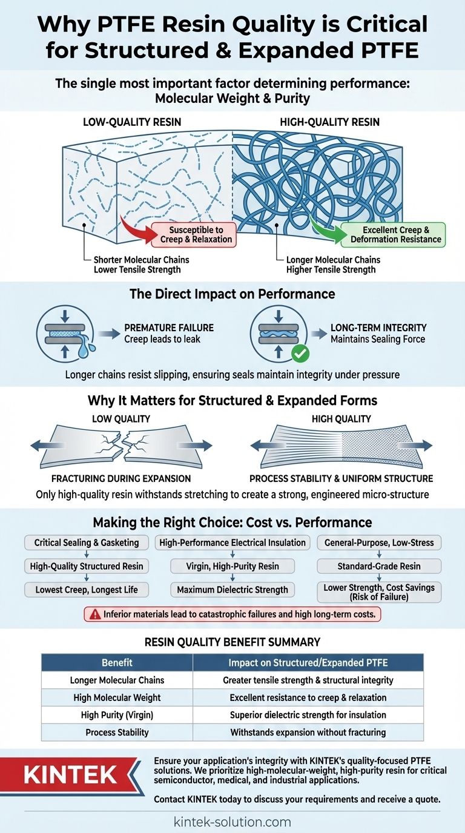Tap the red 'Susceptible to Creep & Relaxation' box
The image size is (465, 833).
(x=191, y=235)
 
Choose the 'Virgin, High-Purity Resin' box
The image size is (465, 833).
(x=232, y=567)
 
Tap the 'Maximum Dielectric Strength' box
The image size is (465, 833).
(x=232, y=590)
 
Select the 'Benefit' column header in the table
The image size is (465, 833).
(x=117, y=662)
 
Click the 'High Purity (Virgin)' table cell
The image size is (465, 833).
(x=117, y=715)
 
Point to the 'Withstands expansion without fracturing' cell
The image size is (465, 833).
(x=308, y=733)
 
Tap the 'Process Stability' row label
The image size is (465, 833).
(x=117, y=733)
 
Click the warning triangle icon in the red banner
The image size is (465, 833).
(x=94, y=614)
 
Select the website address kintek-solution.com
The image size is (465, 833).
(x=232, y=822)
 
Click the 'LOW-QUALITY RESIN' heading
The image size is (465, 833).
(x=132, y=122)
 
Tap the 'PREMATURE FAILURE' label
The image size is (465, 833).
(x=169, y=328)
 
